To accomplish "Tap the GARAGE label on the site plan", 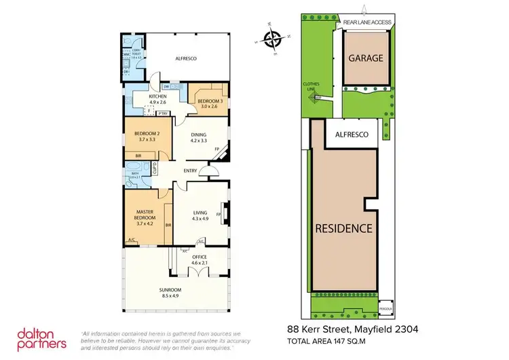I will [366, 58].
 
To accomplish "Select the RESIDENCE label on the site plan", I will [343, 228].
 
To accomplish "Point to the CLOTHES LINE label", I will [311, 87].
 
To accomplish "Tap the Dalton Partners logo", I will [42, 339].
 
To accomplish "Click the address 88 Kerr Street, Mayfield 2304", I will [352, 329].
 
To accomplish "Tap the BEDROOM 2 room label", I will [146, 136].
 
